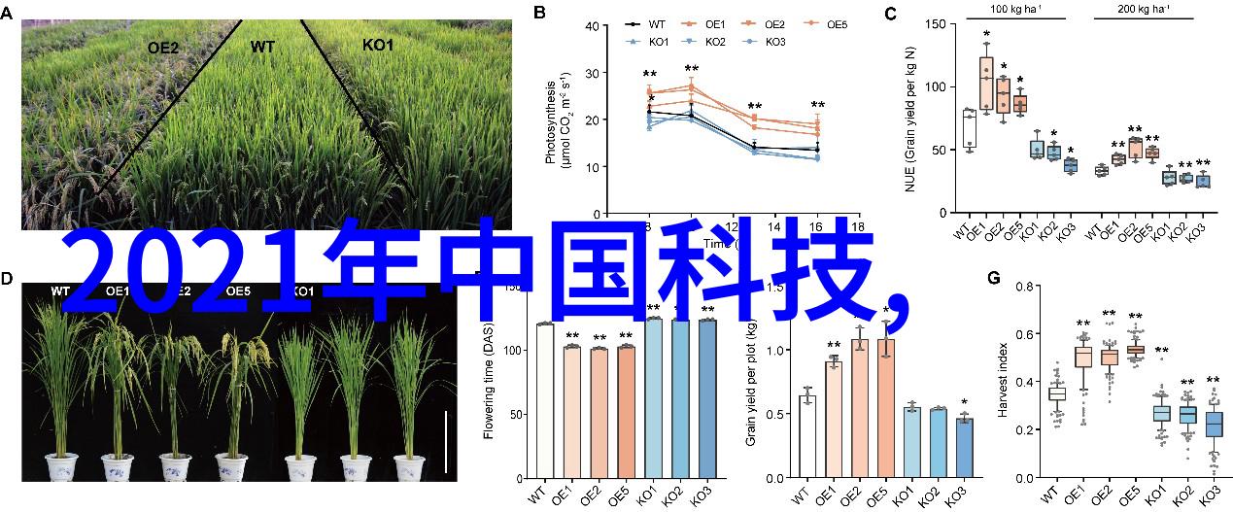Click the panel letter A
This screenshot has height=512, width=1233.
tap(10, 14)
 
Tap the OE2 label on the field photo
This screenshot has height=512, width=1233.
tap(163, 47)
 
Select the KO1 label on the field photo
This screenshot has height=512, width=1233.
tap(378, 45)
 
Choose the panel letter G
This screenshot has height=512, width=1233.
tap(993, 278)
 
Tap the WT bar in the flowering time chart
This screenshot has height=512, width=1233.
tap(545, 400)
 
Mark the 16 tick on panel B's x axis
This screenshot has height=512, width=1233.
tap(817, 226)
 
